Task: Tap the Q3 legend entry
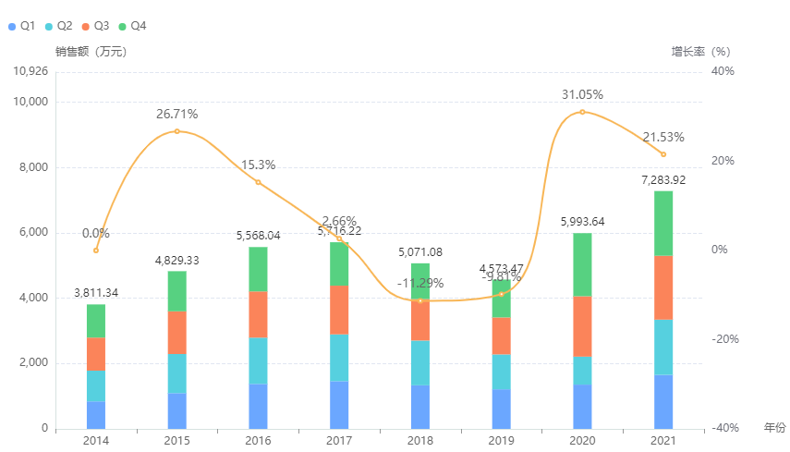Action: tap(95, 26)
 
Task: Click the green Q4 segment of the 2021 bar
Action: tap(662, 223)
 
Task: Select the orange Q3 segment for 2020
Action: tap(582, 326)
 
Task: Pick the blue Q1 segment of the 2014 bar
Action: tap(96, 415)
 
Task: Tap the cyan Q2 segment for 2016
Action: tap(258, 360)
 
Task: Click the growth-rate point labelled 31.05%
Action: tap(582, 112)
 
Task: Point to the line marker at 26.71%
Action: tap(177, 131)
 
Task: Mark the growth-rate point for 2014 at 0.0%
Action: tap(96, 250)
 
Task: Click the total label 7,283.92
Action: tap(662, 180)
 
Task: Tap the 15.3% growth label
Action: tap(258, 165)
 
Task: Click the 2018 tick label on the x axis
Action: tap(419, 442)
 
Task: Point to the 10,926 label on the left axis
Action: tap(30, 71)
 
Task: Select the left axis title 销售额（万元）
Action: tap(91, 52)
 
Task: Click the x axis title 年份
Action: tap(774, 428)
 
